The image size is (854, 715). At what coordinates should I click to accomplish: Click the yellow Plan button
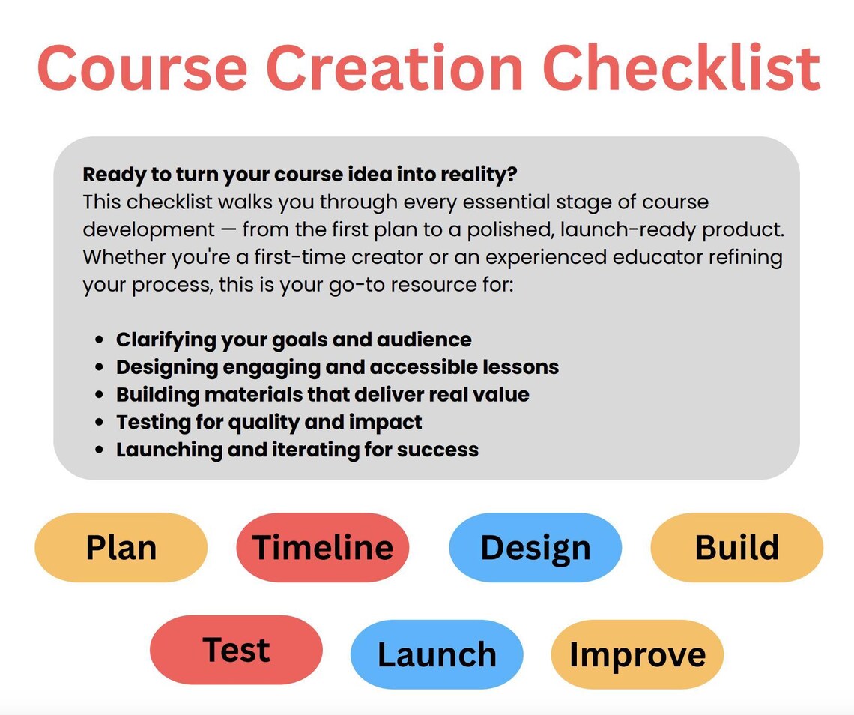pos(121,547)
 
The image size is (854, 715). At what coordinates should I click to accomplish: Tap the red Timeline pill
pos(322,547)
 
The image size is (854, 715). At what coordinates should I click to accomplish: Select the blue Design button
pos(536,547)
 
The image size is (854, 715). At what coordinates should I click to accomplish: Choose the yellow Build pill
pos(737,547)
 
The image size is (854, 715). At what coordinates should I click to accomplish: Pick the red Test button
pos(237,650)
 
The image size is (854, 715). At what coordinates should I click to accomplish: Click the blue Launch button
pos(437,654)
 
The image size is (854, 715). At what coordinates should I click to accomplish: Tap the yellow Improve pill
pos(638,654)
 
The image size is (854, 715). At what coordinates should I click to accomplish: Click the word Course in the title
pos(142,69)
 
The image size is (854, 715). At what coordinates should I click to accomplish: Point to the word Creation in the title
pos(395,69)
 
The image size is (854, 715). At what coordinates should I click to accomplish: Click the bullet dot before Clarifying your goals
pos(99,340)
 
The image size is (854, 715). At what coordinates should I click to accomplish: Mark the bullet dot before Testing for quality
pos(99,423)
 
